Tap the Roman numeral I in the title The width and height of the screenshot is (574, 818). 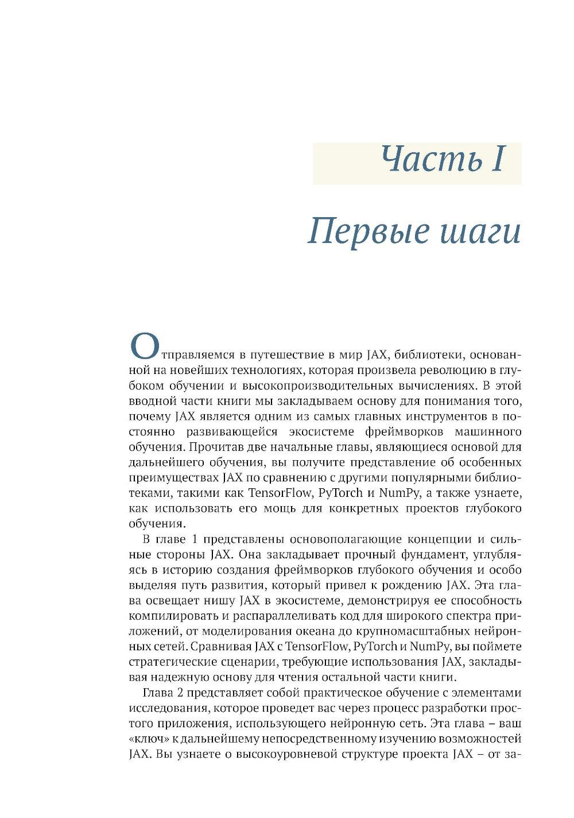click(x=497, y=160)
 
